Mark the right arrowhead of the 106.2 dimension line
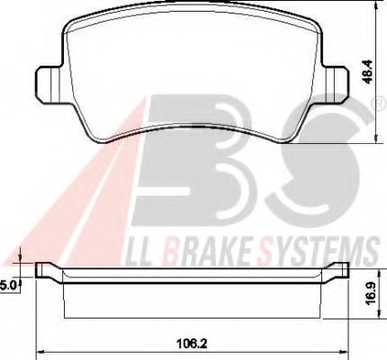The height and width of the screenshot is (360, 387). [346, 350]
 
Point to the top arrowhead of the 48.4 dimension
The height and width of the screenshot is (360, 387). [372, 10]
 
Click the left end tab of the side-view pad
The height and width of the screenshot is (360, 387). [43, 270]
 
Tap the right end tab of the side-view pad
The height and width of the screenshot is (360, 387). [340, 270]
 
